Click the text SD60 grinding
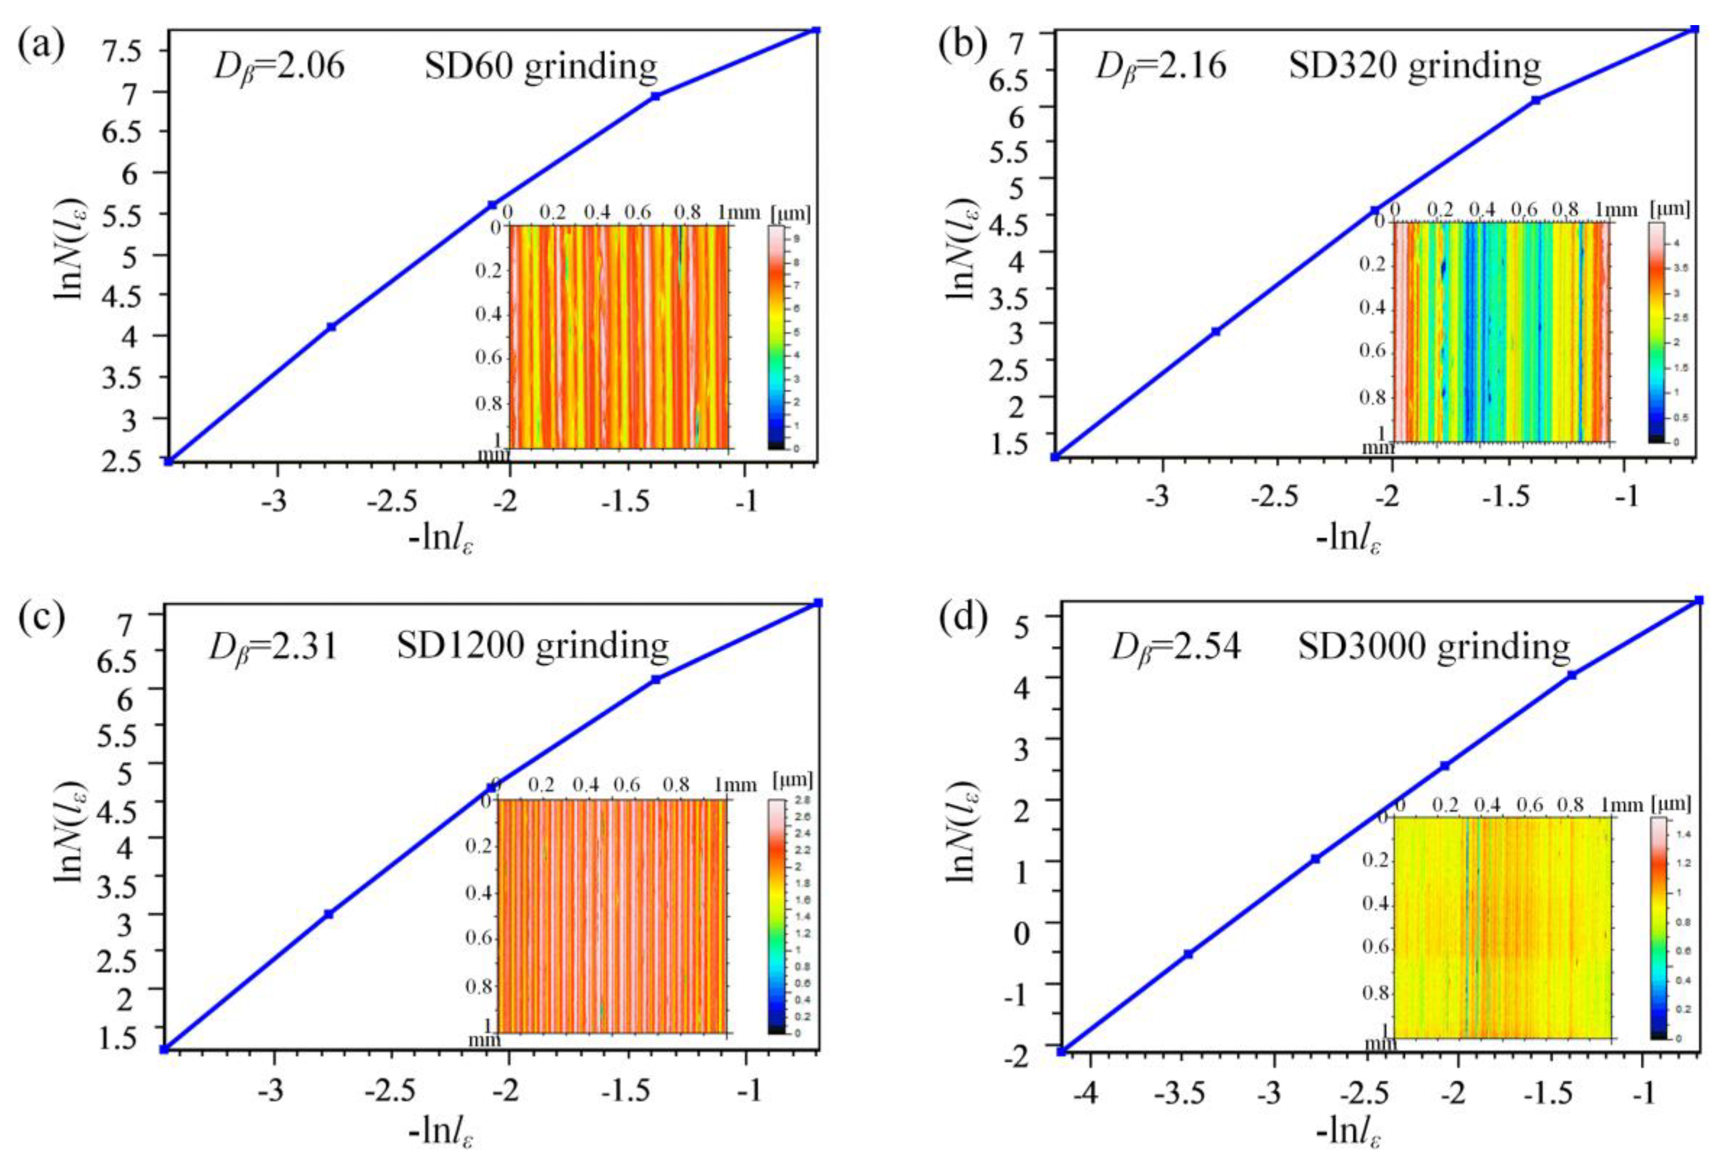tap(540, 67)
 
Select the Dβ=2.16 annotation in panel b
tap(1161, 67)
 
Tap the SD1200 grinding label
tap(532, 647)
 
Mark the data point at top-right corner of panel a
tap(816, 30)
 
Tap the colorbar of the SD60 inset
tap(775, 337)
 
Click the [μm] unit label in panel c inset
tap(792, 781)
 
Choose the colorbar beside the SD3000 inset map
tap(1658, 928)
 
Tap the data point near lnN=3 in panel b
tap(1216, 332)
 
